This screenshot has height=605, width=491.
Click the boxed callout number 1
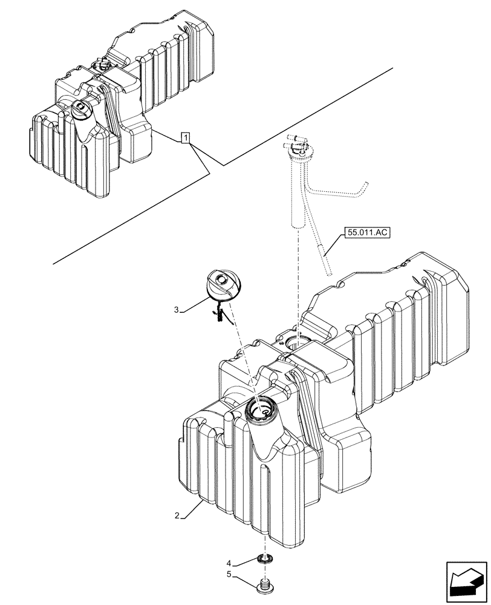click(186, 139)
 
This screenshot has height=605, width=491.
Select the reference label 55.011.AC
click(366, 232)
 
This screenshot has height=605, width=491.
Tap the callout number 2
click(176, 516)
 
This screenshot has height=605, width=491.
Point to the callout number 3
click(177, 310)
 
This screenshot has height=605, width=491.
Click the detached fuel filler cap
click(225, 285)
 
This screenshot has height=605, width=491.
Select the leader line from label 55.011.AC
click(334, 244)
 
